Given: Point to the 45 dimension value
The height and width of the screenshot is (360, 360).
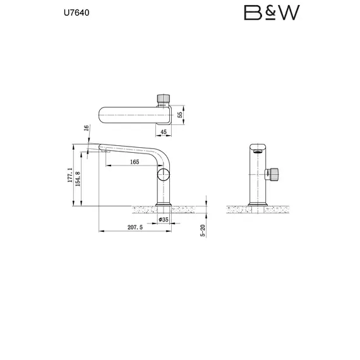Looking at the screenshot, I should (164, 131).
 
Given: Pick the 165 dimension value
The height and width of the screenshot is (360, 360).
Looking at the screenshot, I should (134, 162).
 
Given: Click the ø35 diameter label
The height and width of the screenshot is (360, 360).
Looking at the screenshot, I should (163, 220).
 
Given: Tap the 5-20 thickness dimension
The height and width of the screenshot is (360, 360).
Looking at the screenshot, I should (203, 231).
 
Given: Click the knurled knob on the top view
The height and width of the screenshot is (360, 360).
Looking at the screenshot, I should (163, 99).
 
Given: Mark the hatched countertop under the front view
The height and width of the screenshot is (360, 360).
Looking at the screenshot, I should (257, 208).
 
